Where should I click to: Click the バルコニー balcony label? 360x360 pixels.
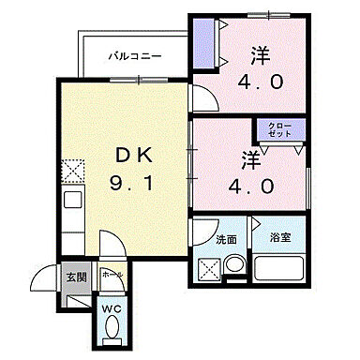click(x=135, y=56)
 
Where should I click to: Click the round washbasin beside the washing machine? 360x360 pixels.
click(x=234, y=266)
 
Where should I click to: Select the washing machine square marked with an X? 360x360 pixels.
click(x=207, y=268)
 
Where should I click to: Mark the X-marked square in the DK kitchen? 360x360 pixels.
click(x=72, y=171)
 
